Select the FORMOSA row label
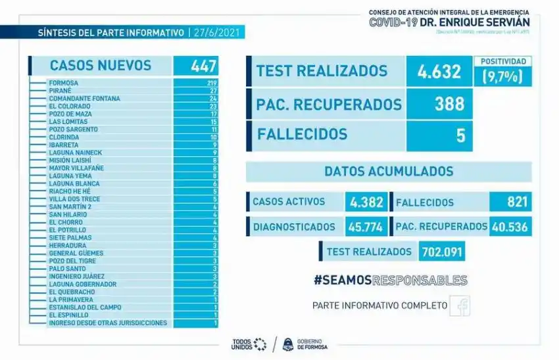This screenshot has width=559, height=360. coord(63,83)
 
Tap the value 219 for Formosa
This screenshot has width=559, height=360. coord(211,83)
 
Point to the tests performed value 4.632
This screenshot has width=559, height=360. coord(439,71)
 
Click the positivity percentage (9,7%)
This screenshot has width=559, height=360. coord(502,76)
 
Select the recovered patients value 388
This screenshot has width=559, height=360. coord(449,103)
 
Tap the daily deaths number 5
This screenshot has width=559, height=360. coord(460,135)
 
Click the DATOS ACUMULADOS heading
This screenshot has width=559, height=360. coord(389,172)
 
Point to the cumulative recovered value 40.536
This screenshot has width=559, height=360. coord(510,226)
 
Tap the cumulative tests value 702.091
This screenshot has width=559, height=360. coord(443,251)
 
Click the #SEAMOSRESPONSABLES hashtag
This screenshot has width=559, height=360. coord(390,280)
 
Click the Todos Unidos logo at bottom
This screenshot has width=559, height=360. coord(249,344)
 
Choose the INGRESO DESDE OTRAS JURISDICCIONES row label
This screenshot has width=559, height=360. coord(108,323)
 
